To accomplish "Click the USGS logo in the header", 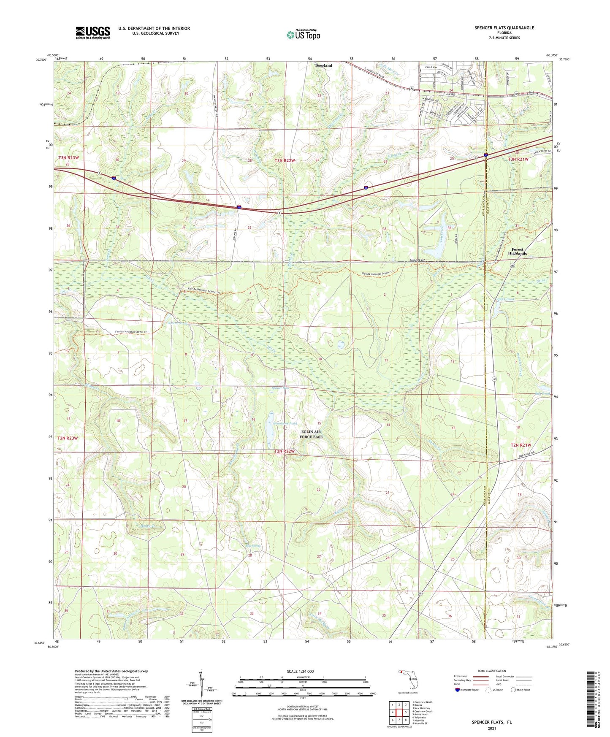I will pos(92,32).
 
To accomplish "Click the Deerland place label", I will pos(323,65).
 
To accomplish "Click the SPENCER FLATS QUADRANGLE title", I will pos(504,28).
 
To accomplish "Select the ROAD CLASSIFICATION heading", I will pos(492,671).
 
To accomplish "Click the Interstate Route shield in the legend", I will pos(458,690).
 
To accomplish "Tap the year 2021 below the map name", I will pos(492,728).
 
